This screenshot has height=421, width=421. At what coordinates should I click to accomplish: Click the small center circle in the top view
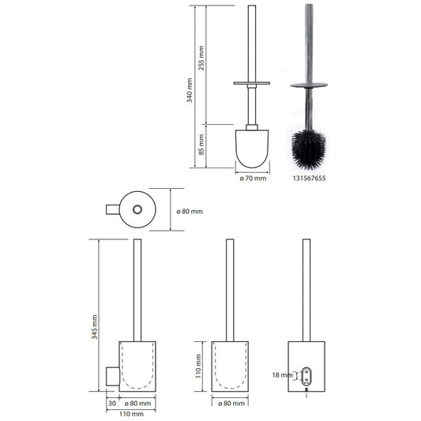(x=138, y=210)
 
